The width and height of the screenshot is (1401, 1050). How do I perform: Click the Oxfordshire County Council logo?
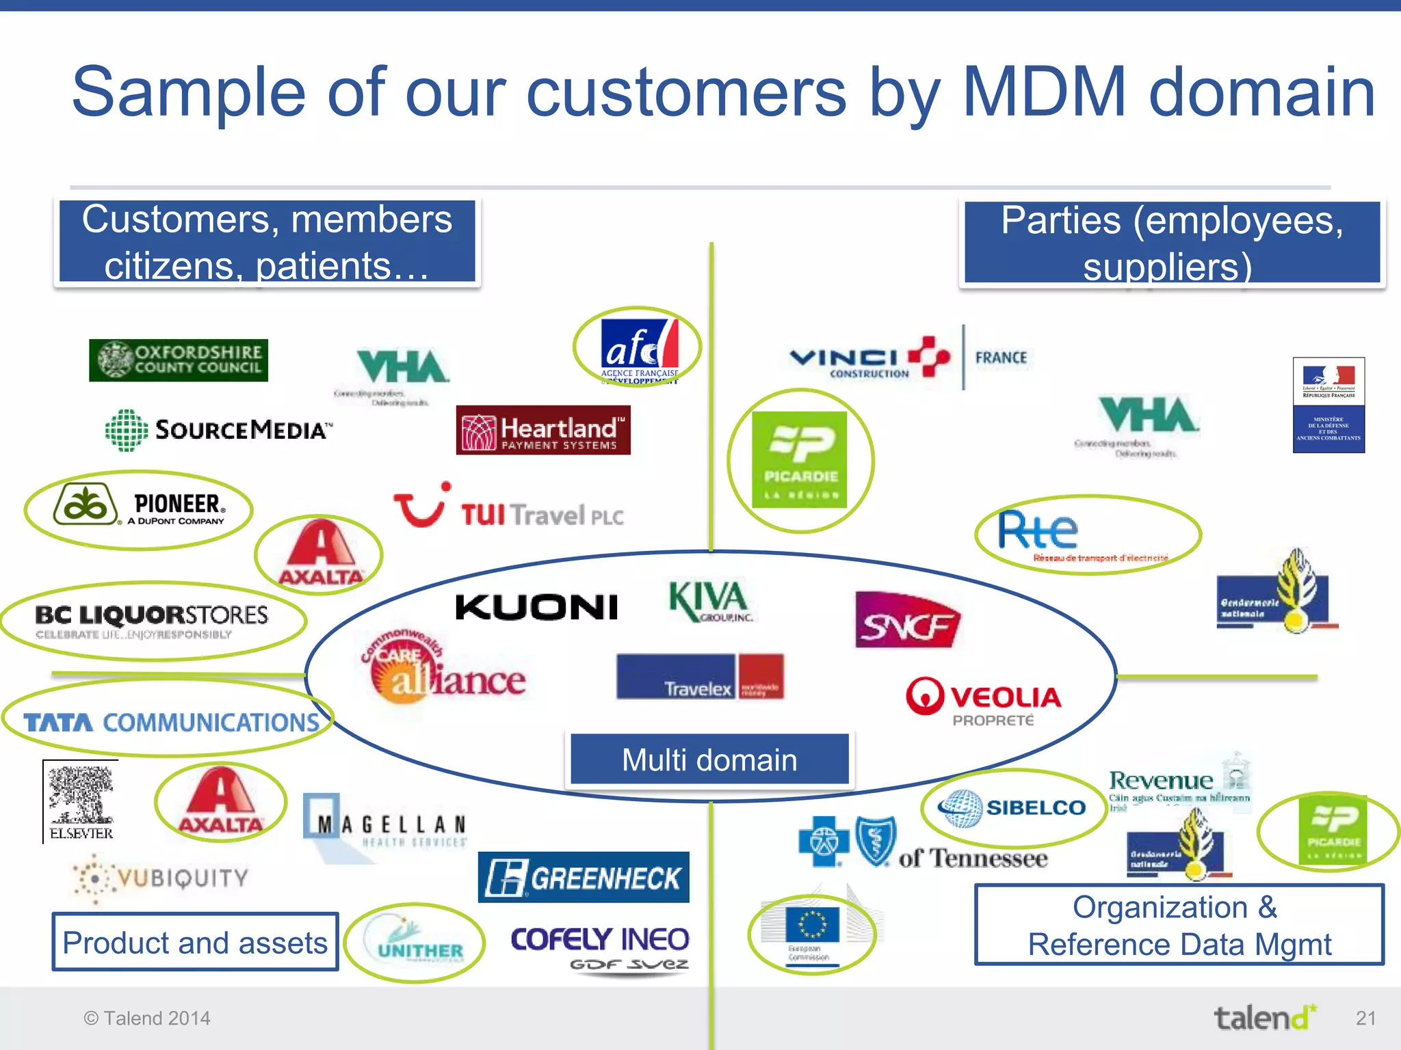point(179,360)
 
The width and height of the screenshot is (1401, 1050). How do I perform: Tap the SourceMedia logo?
point(219,430)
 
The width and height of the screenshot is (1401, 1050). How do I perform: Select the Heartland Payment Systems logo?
point(543,431)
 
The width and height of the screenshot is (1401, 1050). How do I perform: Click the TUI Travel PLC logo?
point(510,509)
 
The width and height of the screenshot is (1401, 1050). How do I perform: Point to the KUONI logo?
point(537,607)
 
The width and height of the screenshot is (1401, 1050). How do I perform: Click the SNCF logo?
point(908,621)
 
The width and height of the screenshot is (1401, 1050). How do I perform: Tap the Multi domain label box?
point(709,759)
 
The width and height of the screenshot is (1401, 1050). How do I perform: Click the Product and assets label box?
point(195,943)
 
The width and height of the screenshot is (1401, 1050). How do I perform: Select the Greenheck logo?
point(584,878)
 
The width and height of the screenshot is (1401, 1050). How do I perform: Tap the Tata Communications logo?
point(171,722)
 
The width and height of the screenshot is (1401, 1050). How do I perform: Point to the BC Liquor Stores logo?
point(151,620)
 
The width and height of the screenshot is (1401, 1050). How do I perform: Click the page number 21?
point(1365,1018)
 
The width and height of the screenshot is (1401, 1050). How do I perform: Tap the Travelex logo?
point(700,677)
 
